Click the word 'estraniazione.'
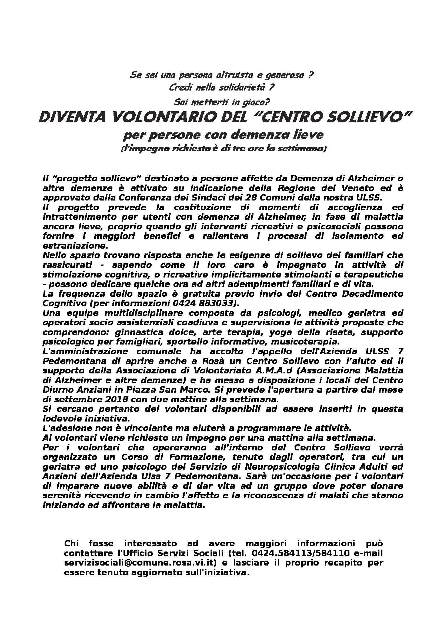click(x=74, y=245)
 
